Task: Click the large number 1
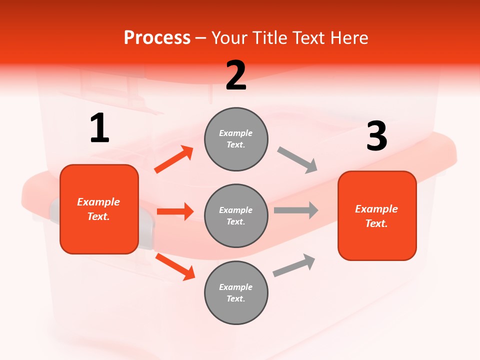coord(99,128)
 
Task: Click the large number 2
coord(236,75)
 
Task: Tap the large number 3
coord(376,136)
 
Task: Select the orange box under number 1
coord(99,209)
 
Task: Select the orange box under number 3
coord(377,215)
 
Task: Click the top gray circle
coord(236,139)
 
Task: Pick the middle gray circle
coord(236,215)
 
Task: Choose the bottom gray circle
coord(236,292)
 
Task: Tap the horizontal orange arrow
coord(175,211)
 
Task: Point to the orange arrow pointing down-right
coord(175,266)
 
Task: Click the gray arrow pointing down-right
coord(297,160)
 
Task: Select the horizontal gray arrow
coord(296,210)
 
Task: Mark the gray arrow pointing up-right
coord(294,265)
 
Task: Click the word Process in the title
coord(157,37)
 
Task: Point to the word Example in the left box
coord(98,202)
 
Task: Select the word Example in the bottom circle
coord(235,287)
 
